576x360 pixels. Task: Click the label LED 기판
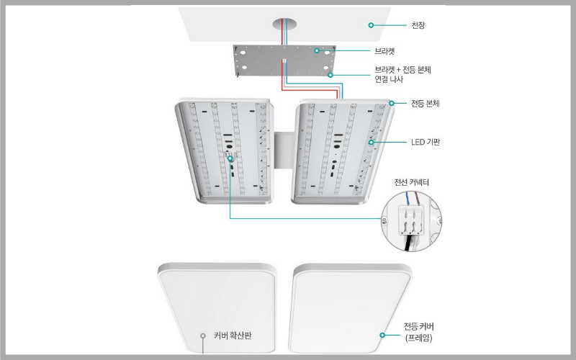(x=426, y=143)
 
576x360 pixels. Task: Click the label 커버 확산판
(x=237, y=336)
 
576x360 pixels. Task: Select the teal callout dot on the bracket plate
(x=316, y=51)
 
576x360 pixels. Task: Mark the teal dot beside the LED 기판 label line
(x=372, y=143)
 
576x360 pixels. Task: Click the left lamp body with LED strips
(x=223, y=151)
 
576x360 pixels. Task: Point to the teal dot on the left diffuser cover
(x=203, y=336)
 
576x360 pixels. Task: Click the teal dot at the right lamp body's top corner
(x=392, y=103)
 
